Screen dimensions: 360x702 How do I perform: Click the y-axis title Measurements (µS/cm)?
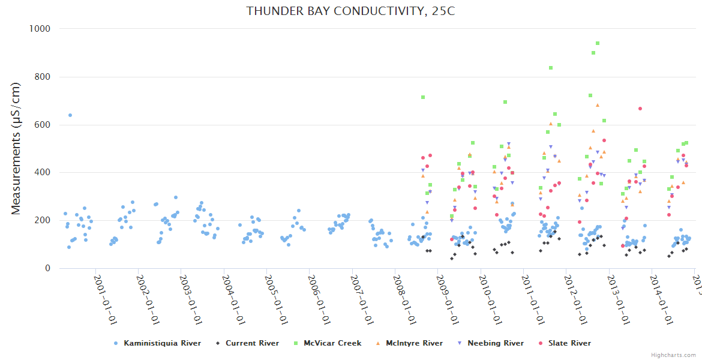click(17, 148)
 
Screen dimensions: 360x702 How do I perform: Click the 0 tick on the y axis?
click(47, 268)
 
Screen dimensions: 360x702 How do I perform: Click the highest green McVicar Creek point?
click(598, 43)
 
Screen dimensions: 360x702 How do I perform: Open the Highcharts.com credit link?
click(674, 355)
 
